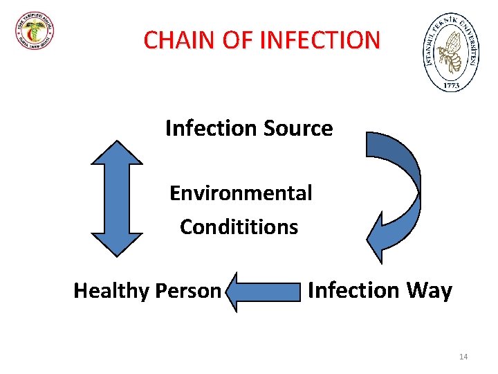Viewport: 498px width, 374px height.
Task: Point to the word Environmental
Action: click(241, 193)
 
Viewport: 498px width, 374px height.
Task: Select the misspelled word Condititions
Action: click(239, 226)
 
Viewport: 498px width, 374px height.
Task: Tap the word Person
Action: click(189, 291)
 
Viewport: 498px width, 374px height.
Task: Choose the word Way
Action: click(429, 290)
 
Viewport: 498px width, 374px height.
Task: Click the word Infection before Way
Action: click(353, 290)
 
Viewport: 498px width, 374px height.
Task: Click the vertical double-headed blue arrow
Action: click(117, 199)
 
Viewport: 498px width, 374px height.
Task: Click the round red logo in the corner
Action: click(35, 31)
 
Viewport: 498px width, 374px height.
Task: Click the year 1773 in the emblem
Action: click(450, 84)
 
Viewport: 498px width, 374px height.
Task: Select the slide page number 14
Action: click(463, 357)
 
